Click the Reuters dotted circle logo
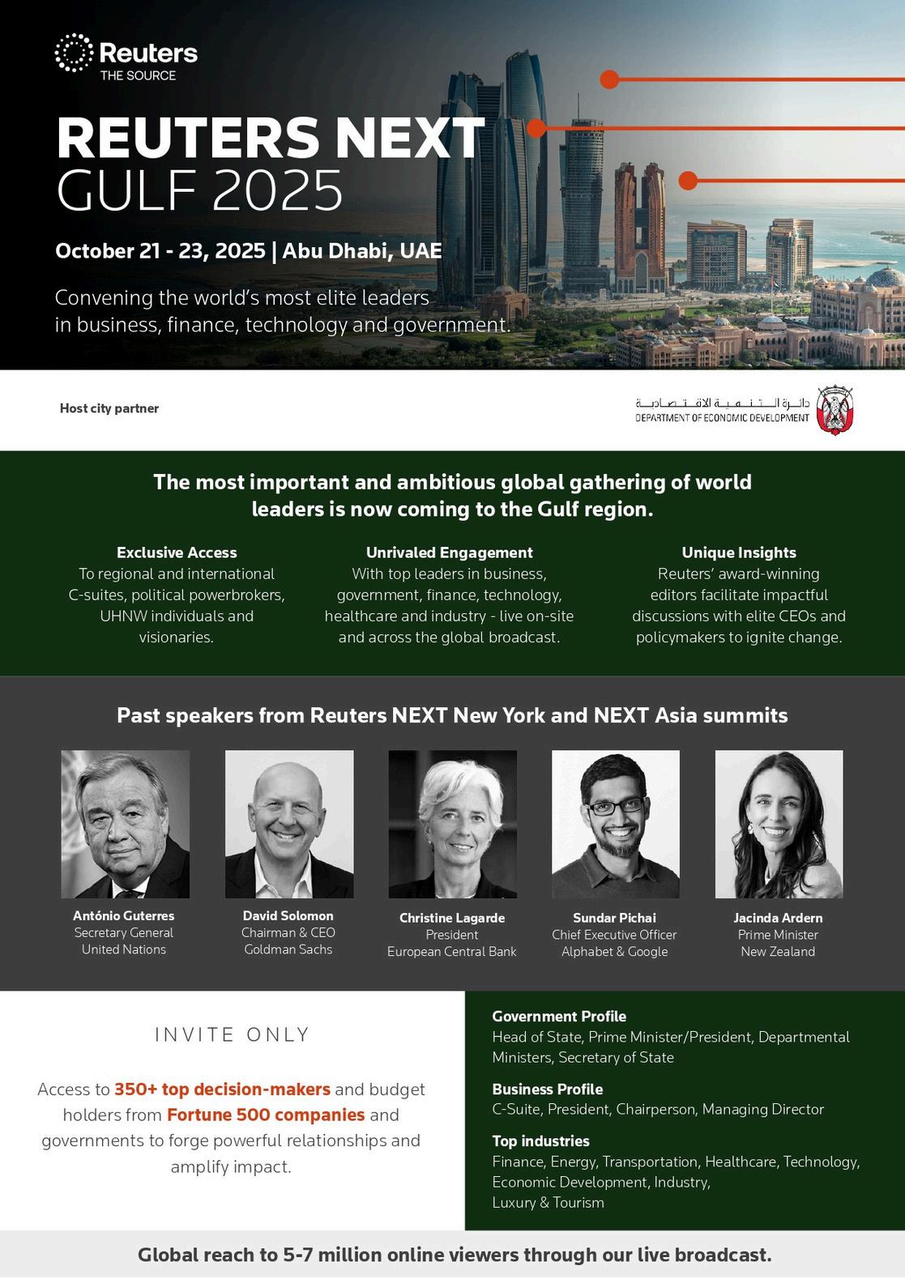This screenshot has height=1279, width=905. click(74, 53)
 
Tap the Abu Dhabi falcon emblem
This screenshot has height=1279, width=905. click(834, 409)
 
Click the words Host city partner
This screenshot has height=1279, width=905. click(109, 408)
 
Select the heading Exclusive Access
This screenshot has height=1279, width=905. click(177, 552)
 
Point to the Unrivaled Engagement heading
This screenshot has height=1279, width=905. click(449, 552)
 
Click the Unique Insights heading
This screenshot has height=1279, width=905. click(739, 552)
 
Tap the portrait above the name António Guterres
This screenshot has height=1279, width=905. click(126, 824)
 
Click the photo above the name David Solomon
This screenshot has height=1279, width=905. click(289, 824)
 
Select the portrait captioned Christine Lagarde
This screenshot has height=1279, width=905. click(452, 824)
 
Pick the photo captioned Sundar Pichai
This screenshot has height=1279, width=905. click(616, 824)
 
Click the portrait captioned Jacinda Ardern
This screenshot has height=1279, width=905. click(779, 824)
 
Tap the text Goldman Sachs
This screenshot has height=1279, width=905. click(288, 949)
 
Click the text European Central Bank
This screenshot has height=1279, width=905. click(451, 952)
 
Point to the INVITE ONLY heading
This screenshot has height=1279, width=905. click(232, 1034)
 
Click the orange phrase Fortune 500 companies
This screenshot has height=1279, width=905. click(266, 1115)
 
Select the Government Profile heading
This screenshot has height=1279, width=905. click(559, 1016)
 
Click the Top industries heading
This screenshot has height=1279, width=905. click(540, 1140)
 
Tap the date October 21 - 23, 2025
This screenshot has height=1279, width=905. click(160, 250)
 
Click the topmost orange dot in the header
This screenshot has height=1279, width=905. click(609, 79)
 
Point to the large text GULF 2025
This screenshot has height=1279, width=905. click(200, 191)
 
